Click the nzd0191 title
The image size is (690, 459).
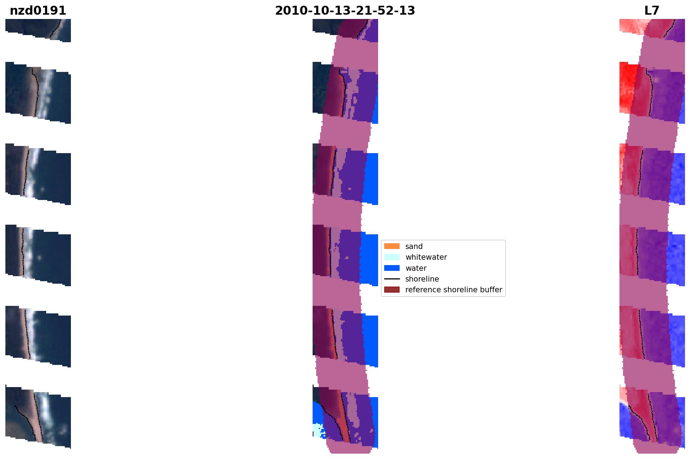coord(38,11)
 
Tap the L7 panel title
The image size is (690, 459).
coord(652,11)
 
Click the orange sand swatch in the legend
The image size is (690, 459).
coord(392,246)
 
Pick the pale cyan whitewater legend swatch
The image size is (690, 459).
coord(392,257)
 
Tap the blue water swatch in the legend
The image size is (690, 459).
coord(392,268)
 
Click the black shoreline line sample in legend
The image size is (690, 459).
coord(392,279)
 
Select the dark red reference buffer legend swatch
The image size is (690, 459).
coord(392,289)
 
